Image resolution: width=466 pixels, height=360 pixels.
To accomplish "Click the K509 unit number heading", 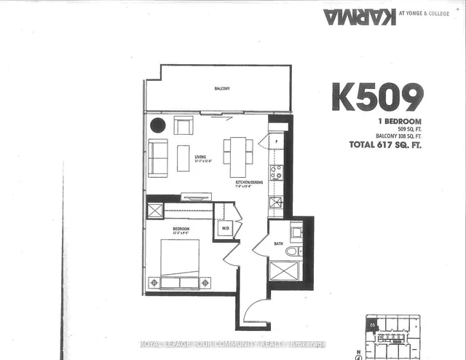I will coord(377,96).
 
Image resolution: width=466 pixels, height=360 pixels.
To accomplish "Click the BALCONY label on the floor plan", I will coord(222,89).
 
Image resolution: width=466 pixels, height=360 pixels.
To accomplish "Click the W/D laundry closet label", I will coord(225,227).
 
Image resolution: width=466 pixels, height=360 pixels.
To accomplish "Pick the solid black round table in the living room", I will coord(158,125).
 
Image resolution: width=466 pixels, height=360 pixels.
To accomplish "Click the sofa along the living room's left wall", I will coord(157,157).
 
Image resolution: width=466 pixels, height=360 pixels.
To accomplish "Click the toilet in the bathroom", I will coord(292,251).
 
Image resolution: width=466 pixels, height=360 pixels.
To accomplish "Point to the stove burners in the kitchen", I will coord(277,173).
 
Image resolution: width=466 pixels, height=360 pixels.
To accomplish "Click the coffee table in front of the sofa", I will coord(183,158).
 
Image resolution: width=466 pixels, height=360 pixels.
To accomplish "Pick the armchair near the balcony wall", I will coord(183,125).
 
